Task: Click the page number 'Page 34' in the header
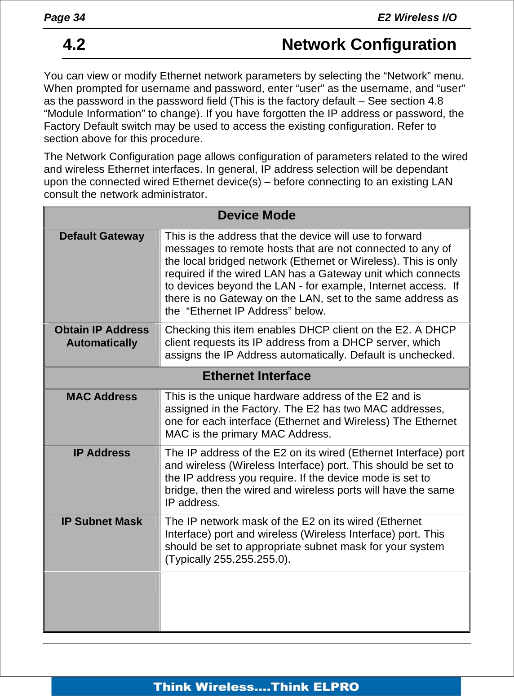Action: [64, 18]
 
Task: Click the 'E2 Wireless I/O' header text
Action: [417, 18]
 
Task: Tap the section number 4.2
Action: [74, 44]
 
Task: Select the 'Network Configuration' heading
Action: [368, 44]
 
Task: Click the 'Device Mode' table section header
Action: [257, 216]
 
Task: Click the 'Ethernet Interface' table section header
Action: [257, 376]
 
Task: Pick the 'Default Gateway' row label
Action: [102, 236]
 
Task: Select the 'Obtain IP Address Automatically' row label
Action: [102, 336]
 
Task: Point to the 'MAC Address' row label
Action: [102, 397]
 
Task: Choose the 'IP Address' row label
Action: [102, 453]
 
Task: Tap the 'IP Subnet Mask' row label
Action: [102, 522]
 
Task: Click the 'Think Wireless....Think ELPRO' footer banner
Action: [256, 687]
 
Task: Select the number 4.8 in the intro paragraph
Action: [435, 101]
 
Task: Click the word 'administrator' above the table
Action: [175, 195]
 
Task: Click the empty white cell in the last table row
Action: [315, 602]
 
